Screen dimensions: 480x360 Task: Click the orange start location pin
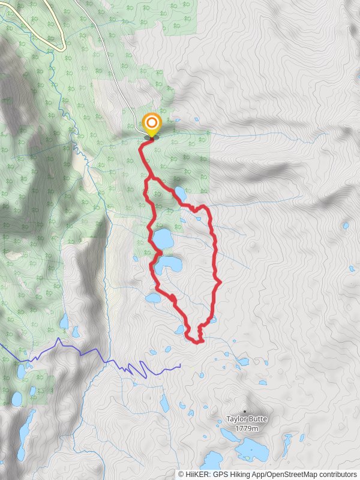point(152,125)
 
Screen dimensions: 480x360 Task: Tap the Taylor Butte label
point(247,419)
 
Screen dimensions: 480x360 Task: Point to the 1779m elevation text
point(247,428)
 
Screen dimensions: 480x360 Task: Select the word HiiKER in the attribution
point(196,474)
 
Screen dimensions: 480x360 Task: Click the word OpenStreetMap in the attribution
point(292,474)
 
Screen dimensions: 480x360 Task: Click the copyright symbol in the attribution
point(181,474)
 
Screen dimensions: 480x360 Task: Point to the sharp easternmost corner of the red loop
point(221,281)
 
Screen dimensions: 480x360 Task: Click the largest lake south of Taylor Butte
point(253,449)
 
